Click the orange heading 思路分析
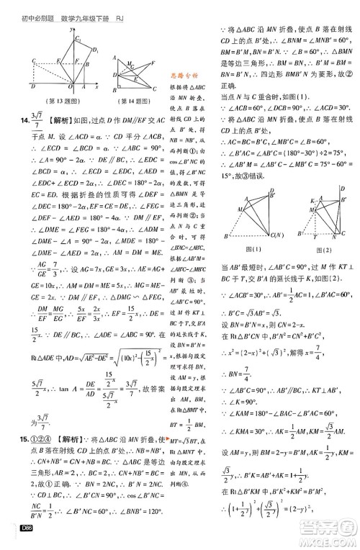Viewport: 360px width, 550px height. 189,74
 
